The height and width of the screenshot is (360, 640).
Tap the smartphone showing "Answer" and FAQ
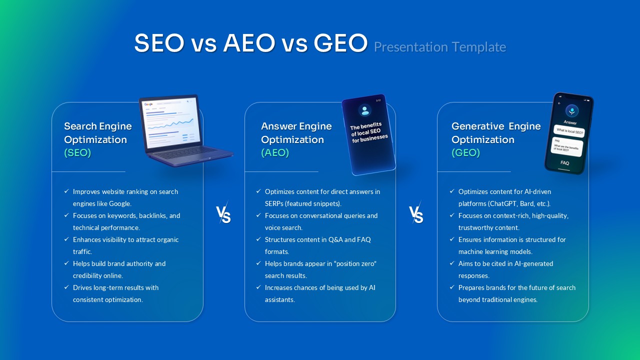[569, 134]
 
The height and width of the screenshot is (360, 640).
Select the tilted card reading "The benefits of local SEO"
[368, 134]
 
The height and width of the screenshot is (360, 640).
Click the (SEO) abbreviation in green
[77, 153]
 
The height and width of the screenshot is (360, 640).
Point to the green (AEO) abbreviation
[275, 153]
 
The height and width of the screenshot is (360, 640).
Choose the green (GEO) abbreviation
[465, 153]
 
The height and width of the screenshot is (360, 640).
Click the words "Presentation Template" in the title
[439, 47]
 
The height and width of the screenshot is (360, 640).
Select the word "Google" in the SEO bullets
[119, 203]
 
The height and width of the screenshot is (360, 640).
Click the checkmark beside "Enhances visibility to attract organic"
[66, 239]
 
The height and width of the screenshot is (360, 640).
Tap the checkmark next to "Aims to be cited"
[452, 263]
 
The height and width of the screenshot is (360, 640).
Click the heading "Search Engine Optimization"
[98, 133]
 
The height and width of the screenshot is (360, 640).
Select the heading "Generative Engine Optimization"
[495, 133]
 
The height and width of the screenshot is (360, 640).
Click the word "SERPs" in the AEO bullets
[275, 203]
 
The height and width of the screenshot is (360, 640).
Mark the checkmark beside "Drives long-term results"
[66, 287]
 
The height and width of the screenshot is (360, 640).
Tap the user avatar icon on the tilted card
[365, 110]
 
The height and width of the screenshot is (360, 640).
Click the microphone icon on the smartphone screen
[571, 110]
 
